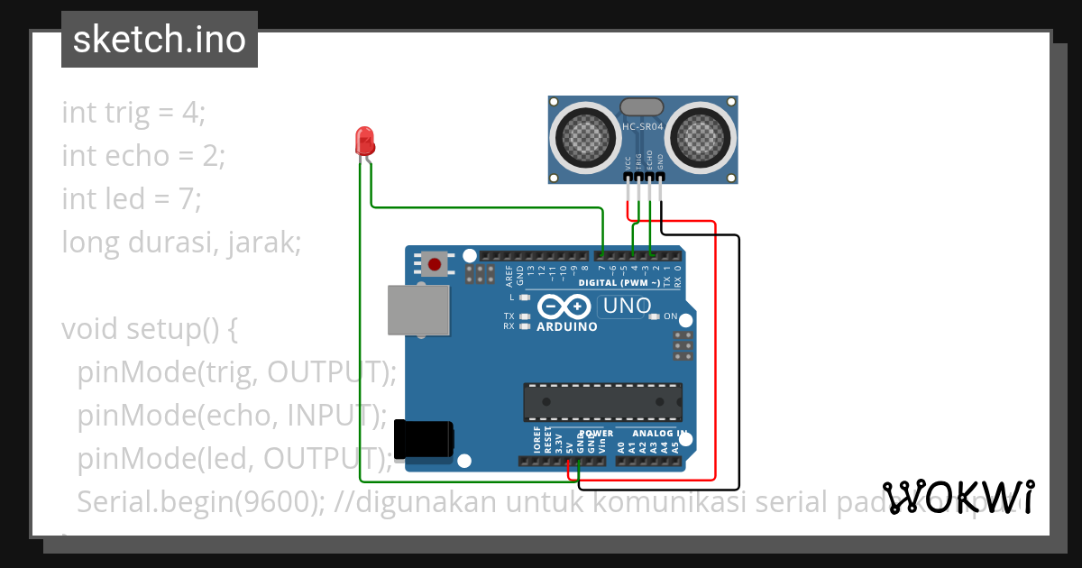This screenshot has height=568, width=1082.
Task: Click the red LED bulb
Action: tap(365, 141)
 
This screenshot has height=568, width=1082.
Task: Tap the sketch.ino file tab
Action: tap(160, 40)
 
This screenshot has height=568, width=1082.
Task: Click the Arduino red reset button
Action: tap(436, 264)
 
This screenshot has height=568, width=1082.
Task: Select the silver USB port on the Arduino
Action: tap(418, 310)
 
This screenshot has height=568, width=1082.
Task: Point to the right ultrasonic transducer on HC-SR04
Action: tap(701, 138)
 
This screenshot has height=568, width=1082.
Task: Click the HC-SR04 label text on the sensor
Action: tap(643, 127)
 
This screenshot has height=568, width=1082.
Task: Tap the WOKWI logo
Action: tap(958, 497)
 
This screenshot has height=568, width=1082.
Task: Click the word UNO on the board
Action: tap(627, 306)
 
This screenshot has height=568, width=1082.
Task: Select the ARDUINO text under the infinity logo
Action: tap(567, 326)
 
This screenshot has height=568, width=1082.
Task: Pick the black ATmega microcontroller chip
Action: tap(603, 402)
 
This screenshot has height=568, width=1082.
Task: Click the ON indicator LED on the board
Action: tap(655, 316)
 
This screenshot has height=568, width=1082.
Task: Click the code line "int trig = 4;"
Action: tap(133, 113)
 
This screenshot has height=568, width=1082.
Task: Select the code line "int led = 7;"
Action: tap(132, 198)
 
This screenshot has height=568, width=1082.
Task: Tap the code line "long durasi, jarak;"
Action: tap(180, 242)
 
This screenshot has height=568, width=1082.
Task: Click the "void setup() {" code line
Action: tap(150, 328)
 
